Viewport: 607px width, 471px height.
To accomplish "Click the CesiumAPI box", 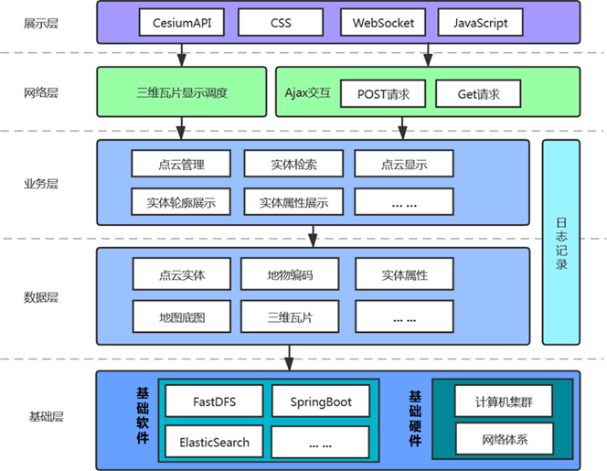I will pyautogui.click(x=183, y=22).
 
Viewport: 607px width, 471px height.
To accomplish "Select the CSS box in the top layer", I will pyautogui.click(x=281, y=22).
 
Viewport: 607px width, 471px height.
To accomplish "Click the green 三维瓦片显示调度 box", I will pyautogui.click(x=182, y=92).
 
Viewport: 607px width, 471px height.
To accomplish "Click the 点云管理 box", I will pyautogui.click(x=181, y=165).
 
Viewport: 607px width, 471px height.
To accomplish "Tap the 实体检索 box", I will pyautogui.click(x=293, y=165).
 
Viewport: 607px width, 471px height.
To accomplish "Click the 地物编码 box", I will pyautogui.click(x=290, y=274).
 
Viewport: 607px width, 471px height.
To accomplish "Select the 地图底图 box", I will pyautogui.click(x=181, y=318).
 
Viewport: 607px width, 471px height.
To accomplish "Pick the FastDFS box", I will pyautogui.click(x=214, y=401).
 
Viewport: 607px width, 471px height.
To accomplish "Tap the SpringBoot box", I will pyautogui.click(x=322, y=401).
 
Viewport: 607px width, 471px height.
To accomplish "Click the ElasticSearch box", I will pyautogui.click(x=214, y=443).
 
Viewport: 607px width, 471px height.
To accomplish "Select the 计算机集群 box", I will pyautogui.click(x=505, y=401).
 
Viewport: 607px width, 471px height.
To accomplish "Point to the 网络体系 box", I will pyautogui.click(x=505, y=440).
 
